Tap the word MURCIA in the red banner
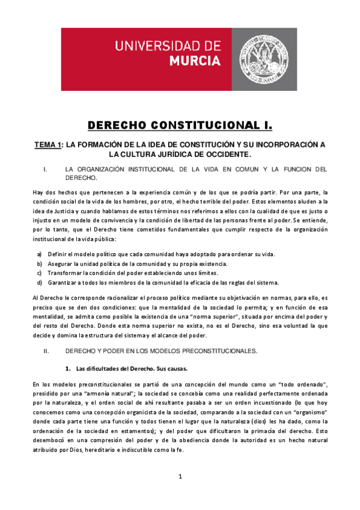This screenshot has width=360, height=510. (x=195, y=61)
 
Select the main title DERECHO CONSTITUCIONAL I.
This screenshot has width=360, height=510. (x=180, y=125)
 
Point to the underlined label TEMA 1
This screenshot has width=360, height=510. (x=47, y=145)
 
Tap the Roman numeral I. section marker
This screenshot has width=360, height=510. (x=38, y=169)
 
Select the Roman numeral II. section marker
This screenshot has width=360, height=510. (x=39, y=351)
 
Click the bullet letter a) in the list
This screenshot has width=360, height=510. (x=40, y=254)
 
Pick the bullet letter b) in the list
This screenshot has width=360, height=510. (x=40, y=264)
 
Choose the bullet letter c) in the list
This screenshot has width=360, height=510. (x=40, y=273)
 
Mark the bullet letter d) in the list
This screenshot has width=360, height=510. (x=40, y=283)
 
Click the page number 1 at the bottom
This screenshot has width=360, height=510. (x=180, y=477)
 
